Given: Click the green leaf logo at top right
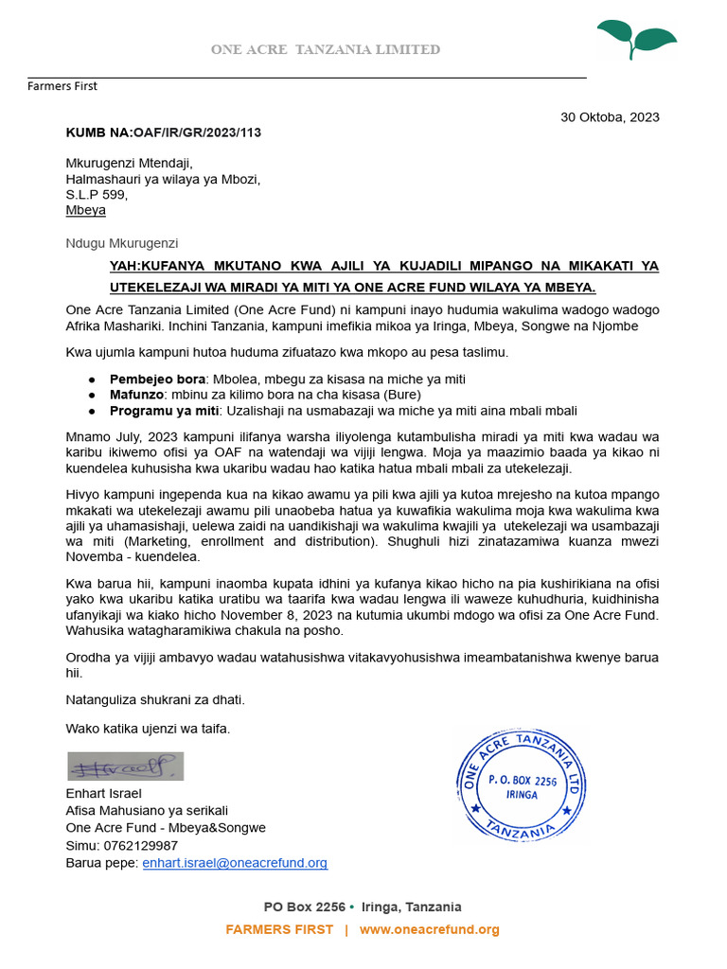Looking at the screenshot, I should [635, 38].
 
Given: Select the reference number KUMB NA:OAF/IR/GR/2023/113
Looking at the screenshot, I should [163, 132].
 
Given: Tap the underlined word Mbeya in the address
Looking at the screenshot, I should [85, 210].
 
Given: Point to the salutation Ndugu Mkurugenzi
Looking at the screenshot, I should [121, 243].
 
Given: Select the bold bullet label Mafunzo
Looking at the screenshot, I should [136, 394].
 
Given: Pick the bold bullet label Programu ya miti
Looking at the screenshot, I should [163, 410].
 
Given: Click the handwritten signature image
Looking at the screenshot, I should [125, 766].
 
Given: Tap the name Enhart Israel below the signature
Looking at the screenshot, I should [103, 793].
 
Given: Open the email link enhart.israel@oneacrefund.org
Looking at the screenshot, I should [235, 863].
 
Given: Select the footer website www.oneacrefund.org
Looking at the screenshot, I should [429, 929].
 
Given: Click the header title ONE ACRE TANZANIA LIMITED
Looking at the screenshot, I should [325, 49].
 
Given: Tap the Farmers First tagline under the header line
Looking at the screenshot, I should [62, 86].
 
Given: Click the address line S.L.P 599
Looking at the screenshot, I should [96, 195].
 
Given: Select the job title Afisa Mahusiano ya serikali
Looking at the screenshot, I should [147, 810].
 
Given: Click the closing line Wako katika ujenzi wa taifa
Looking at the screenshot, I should [148, 728].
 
